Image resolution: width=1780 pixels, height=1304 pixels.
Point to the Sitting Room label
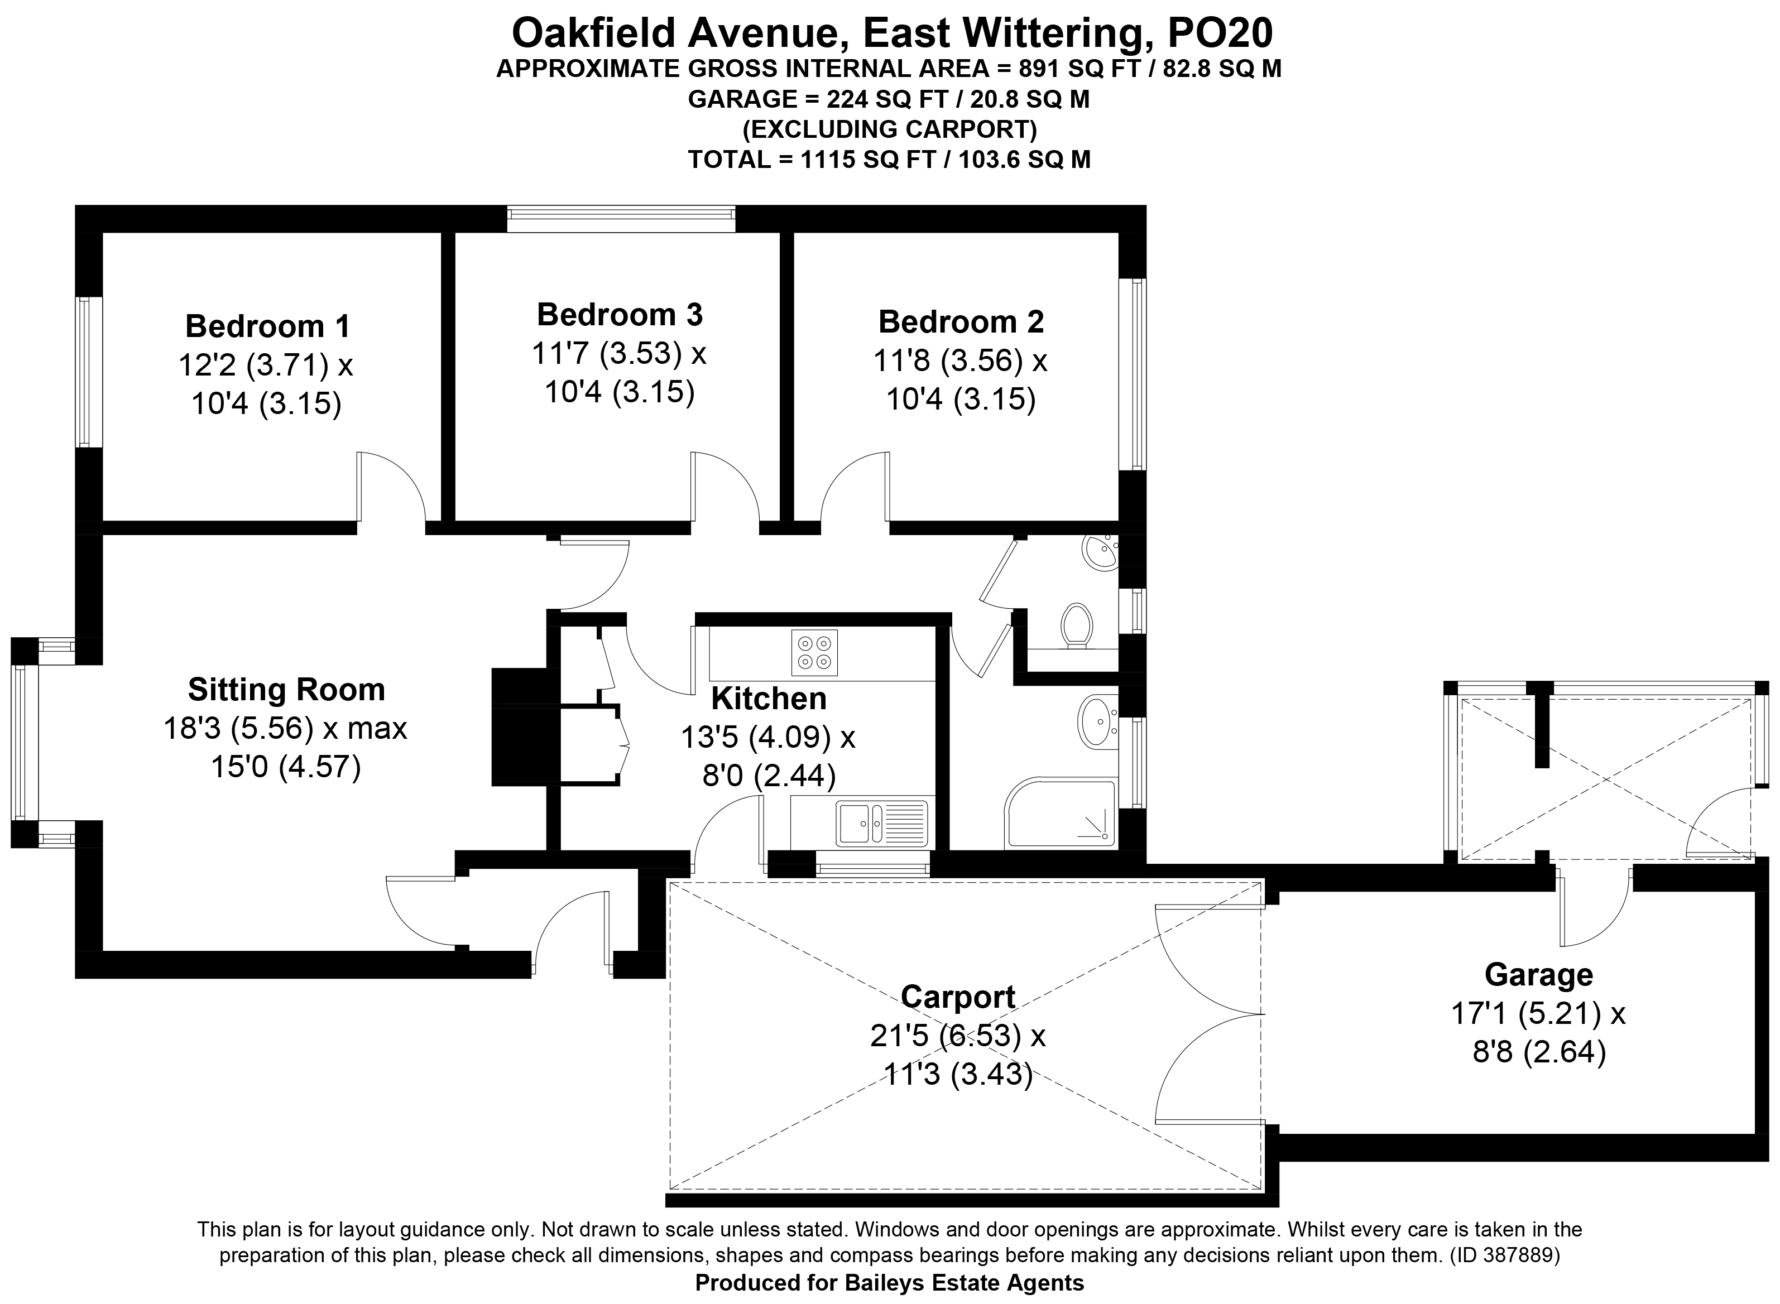(x=286, y=690)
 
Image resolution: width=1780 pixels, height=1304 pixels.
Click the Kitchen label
(x=769, y=699)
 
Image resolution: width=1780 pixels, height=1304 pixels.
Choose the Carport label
(x=958, y=997)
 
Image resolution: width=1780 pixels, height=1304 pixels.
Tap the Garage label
(x=1538, y=975)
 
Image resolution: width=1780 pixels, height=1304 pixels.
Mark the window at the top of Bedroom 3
(x=621, y=219)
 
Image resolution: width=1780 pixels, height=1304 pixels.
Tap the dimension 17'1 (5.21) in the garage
(x=1527, y=1013)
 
